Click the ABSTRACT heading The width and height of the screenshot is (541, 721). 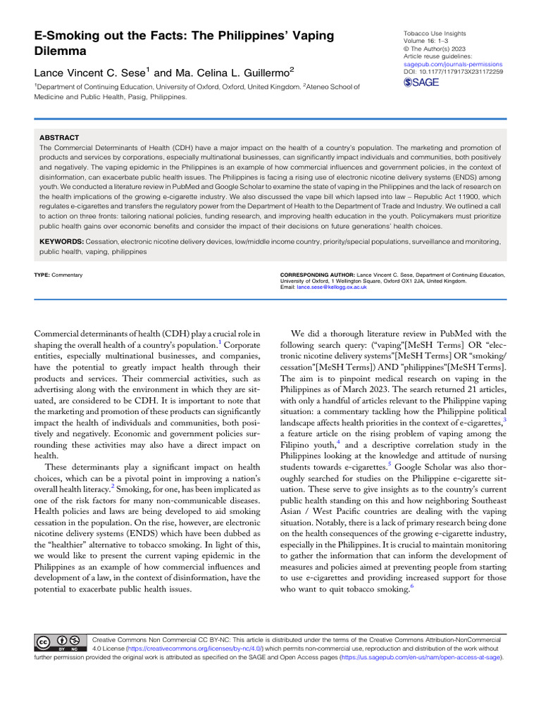click(59, 137)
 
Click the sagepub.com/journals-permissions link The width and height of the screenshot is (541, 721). click(452, 64)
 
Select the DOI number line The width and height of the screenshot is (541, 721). click(452, 72)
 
